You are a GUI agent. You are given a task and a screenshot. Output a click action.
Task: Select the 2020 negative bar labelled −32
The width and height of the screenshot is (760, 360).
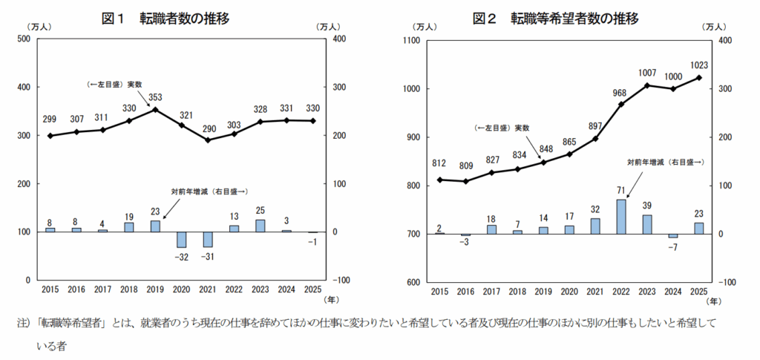[x=181, y=240]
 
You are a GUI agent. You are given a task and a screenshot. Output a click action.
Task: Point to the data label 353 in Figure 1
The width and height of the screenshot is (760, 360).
[x=155, y=96]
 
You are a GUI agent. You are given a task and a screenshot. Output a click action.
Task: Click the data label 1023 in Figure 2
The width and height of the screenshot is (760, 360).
[x=698, y=64]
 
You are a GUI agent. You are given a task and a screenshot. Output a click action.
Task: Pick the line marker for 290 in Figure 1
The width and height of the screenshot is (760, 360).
[x=208, y=140]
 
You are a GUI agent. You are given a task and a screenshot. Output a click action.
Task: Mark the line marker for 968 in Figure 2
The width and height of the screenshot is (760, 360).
[x=621, y=104]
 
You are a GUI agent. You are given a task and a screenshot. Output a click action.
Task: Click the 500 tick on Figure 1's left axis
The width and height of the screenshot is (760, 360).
[x=22, y=39]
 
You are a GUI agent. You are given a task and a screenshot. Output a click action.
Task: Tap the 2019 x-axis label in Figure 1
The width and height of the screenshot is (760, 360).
[x=155, y=289]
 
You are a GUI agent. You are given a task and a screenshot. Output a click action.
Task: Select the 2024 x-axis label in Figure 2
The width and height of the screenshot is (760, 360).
[x=672, y=291]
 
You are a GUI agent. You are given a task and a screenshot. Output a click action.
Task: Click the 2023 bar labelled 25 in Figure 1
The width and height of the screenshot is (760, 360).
[x=261, y=225]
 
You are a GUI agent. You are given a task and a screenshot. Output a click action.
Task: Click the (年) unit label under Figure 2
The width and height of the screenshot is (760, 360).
[x=713, y=301]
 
